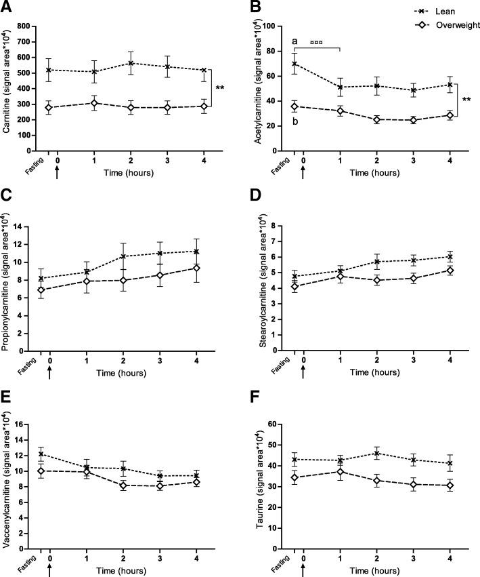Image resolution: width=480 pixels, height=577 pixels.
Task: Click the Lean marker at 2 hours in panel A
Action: tap(133, 64)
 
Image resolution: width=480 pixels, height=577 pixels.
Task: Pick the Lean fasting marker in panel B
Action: tap(294, 64)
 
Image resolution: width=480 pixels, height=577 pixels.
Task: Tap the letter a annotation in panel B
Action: tap(294, 42)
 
